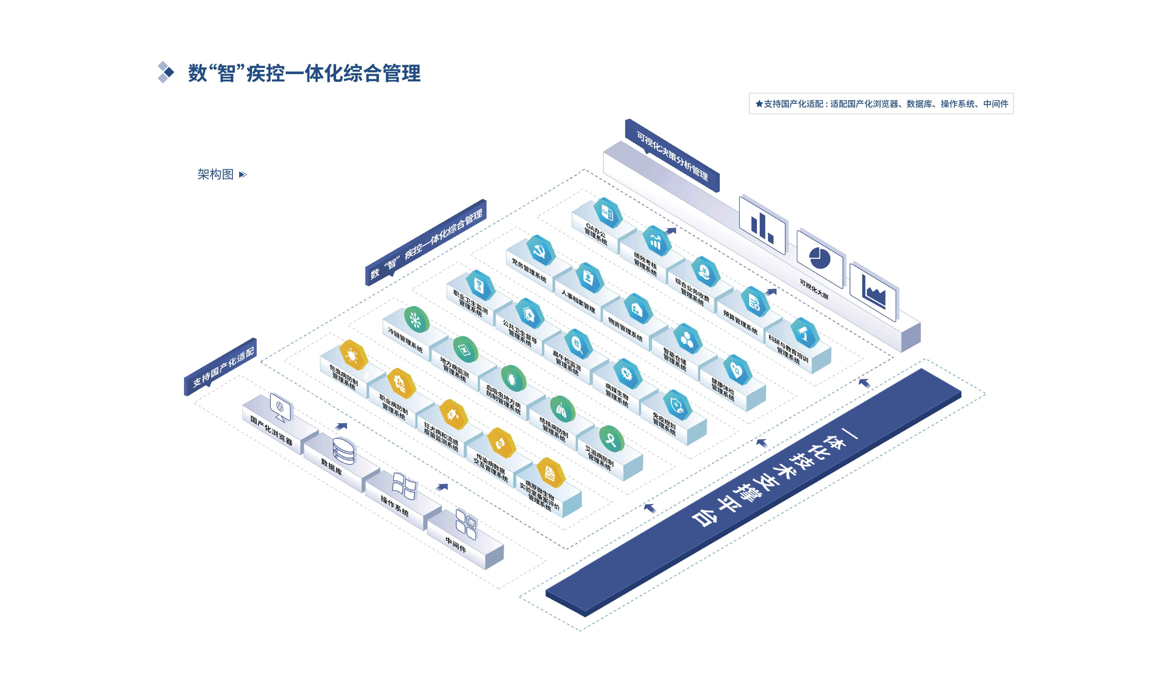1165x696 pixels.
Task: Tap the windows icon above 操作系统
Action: click(x=404, y=486)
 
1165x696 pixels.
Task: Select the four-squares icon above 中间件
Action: click(x=466, y=524)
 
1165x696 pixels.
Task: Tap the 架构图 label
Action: click(x=216, y=174)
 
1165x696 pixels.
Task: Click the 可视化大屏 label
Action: click(x=814, y=289)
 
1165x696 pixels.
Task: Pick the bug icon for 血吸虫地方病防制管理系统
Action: click(x=512, y=378)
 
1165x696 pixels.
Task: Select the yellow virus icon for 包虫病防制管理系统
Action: click(x=353, y=355)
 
